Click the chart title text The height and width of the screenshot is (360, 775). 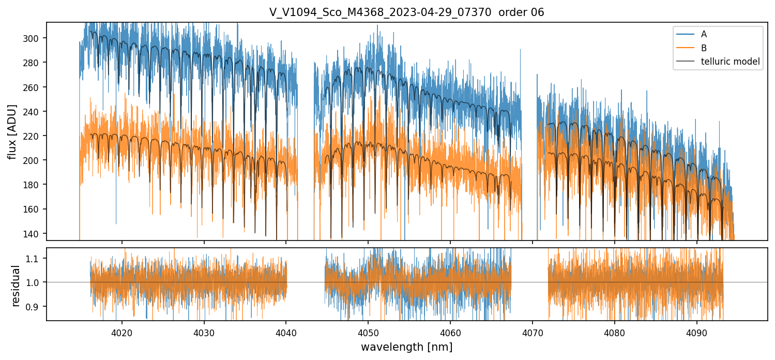(x=406, y=12)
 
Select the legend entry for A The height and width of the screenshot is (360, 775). (x=704, y=34)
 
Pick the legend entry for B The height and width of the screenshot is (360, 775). (x=704, y=48)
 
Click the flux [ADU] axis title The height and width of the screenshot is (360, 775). (x=12, y=131)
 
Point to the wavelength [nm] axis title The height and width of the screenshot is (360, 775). (x=406, y=347)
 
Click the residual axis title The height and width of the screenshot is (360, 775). (x=16, y=286)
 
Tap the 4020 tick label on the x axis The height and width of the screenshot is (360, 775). (x=122, y=331)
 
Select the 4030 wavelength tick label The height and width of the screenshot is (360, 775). (x=204, y=331)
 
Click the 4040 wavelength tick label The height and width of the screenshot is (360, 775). (x=286, y=331)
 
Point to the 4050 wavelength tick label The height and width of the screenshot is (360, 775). (x=368, y=331)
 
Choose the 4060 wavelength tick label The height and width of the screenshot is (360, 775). (x=450, y=331)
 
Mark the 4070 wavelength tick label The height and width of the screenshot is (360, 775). (x=532, y=331)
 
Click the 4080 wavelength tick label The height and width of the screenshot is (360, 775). (x=614, y=331)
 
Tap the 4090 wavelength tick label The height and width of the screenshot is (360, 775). (x=696, y=331)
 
